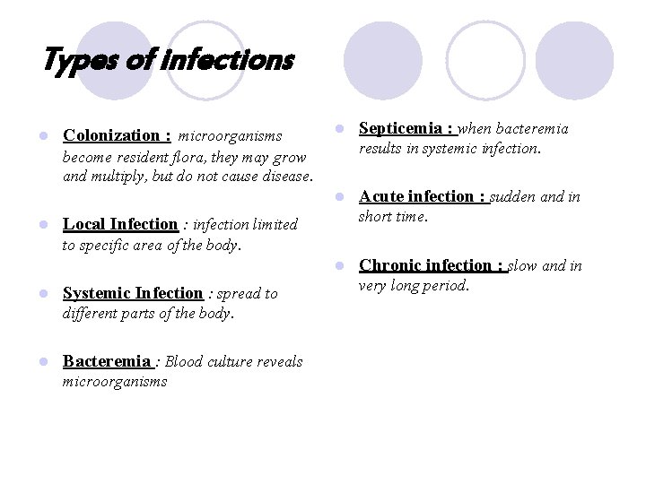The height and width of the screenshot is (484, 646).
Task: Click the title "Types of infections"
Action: point(168,61)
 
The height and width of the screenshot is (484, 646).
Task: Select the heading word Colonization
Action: point(110,136)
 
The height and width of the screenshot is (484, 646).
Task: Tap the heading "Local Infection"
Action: point(120,224)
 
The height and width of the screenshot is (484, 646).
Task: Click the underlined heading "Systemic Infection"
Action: point(133,293)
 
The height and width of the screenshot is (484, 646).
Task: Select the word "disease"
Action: point(285,176)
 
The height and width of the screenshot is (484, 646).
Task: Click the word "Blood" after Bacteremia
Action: point(184,362)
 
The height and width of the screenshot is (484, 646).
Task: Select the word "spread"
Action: point(238,293)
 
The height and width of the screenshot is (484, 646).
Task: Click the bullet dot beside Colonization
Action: point(41,136)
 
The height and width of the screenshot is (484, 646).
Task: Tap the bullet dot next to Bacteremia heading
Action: point(41,362)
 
